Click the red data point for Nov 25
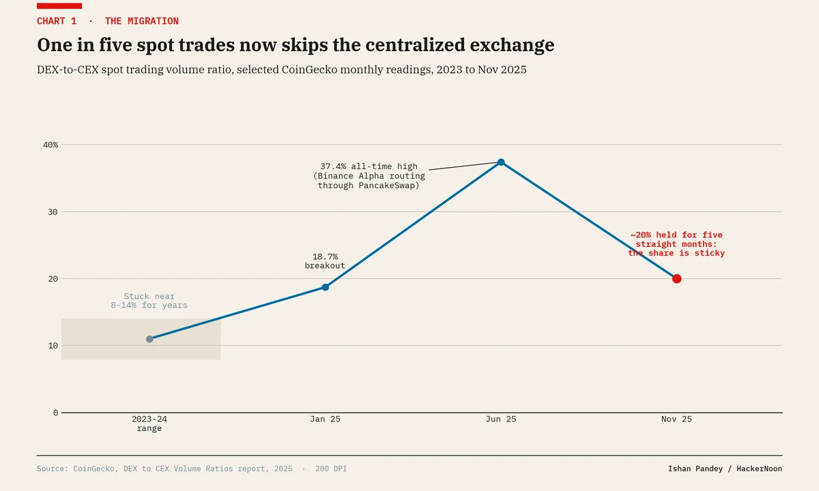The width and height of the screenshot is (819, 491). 676,279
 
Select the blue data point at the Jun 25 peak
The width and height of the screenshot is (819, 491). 501,162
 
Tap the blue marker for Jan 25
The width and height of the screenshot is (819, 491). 325,288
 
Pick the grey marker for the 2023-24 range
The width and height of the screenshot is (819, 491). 149,339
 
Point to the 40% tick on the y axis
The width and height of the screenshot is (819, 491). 51,145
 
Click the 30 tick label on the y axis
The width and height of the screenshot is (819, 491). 53,212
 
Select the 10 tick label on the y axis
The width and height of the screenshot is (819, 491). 53,346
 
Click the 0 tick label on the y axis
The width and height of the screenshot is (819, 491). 55,413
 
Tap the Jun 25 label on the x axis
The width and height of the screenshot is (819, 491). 501,419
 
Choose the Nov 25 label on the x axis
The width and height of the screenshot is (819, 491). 676,419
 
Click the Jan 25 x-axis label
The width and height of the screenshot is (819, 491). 325,419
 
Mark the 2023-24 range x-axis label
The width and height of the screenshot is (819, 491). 149,423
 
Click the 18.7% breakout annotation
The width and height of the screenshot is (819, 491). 325,261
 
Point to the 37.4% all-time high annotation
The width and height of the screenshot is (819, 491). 369,176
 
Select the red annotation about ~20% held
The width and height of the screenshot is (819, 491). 676,243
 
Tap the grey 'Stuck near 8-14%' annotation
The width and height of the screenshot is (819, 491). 149,301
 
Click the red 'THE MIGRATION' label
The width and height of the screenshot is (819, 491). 142,21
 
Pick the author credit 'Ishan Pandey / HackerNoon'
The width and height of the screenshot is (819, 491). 725,468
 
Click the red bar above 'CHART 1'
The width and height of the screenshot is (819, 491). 59,6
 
